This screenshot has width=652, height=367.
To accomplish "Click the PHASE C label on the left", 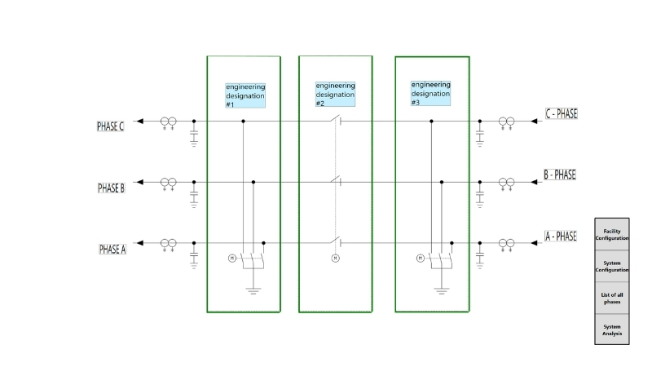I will click(x=111, y=126).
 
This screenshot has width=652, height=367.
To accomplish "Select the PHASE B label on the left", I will click(x=112, y=188).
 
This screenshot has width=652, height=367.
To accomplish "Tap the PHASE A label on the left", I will click(x=112, y=249).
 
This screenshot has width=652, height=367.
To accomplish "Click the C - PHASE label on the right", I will click(x=562, y=113).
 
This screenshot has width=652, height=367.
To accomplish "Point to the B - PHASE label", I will click(x=560, y=175).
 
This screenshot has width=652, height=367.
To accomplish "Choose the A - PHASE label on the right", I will click(x=561, y=236).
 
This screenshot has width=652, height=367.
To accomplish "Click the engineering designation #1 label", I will click(x=245, y=95).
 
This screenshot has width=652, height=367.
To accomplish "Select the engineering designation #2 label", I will click(x=335, y=94).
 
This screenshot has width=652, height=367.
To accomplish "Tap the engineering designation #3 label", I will click(x=430, y=93).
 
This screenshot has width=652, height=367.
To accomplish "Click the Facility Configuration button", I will click(x=611, y=234).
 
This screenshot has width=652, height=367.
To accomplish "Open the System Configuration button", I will click(x=611, y=266).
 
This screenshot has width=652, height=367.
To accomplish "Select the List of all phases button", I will click(x=611, y=298).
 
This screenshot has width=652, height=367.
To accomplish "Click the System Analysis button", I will click(x=611, y=329).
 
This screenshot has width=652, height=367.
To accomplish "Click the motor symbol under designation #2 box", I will click(x=334, y=259).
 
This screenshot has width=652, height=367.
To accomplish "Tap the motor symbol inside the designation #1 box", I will click(x=231, y=259).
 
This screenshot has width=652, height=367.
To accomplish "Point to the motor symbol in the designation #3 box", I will click(x=421, y=259).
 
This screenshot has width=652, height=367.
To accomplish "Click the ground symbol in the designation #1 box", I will click(x=253, y=290).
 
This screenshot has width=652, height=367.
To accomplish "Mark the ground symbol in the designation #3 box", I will click(x=442, y=290).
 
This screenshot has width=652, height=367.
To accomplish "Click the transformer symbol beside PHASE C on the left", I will click(x=169, y=122).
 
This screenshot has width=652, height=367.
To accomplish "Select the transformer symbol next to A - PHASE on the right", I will click(x=506, y=243).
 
